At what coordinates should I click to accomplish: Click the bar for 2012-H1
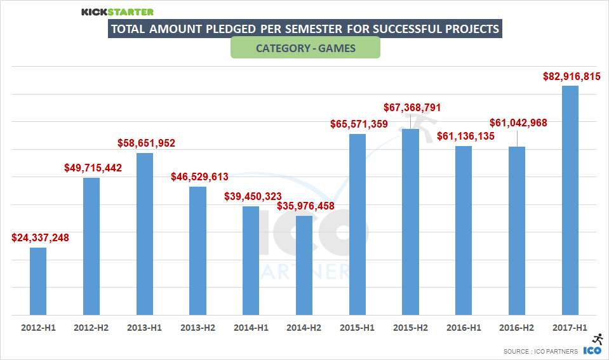[x=38, y=281]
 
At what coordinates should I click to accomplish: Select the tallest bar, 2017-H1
[x=570, y=200]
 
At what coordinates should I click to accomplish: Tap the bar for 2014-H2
[x=304, y=265]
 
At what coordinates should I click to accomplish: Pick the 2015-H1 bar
[x=358, y=224]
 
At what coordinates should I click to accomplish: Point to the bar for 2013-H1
[x=145, y=234]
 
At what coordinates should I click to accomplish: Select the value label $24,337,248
[x=40, y=238]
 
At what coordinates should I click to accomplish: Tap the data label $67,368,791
[x=412, y=107]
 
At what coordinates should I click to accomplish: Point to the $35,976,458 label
[x=305, y=206]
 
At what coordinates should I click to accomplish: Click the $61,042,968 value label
[x=518, y=123]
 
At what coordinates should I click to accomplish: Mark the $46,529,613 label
[x=199, y=177]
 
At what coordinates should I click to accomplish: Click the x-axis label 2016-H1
[x=464, y=328]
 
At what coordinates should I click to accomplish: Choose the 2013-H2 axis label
[x=198, y=328]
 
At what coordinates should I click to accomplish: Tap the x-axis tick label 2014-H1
[x=251, y=328]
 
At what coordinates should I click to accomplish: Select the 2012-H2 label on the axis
[x=91, y=328]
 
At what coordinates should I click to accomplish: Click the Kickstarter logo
[x=117, y=11]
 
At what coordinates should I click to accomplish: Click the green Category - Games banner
[x=305, y=48]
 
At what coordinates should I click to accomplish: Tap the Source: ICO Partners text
[x=540, y=351]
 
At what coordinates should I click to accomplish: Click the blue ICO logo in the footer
[x=592, y=350]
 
